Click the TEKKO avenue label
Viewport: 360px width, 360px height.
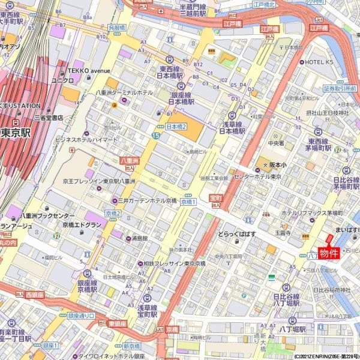click(91, 70)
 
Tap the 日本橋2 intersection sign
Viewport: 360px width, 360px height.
click(176, 127)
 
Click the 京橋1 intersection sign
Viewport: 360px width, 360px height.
click(188, 202)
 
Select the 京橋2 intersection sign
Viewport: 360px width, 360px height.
click(113, 213)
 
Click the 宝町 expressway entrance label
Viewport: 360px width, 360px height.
click(215, 197)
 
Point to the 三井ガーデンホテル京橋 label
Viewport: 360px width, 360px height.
click(150, 200)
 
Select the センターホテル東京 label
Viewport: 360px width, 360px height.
click(258, 176)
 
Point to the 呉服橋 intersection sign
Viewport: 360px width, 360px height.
click(117, 28)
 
